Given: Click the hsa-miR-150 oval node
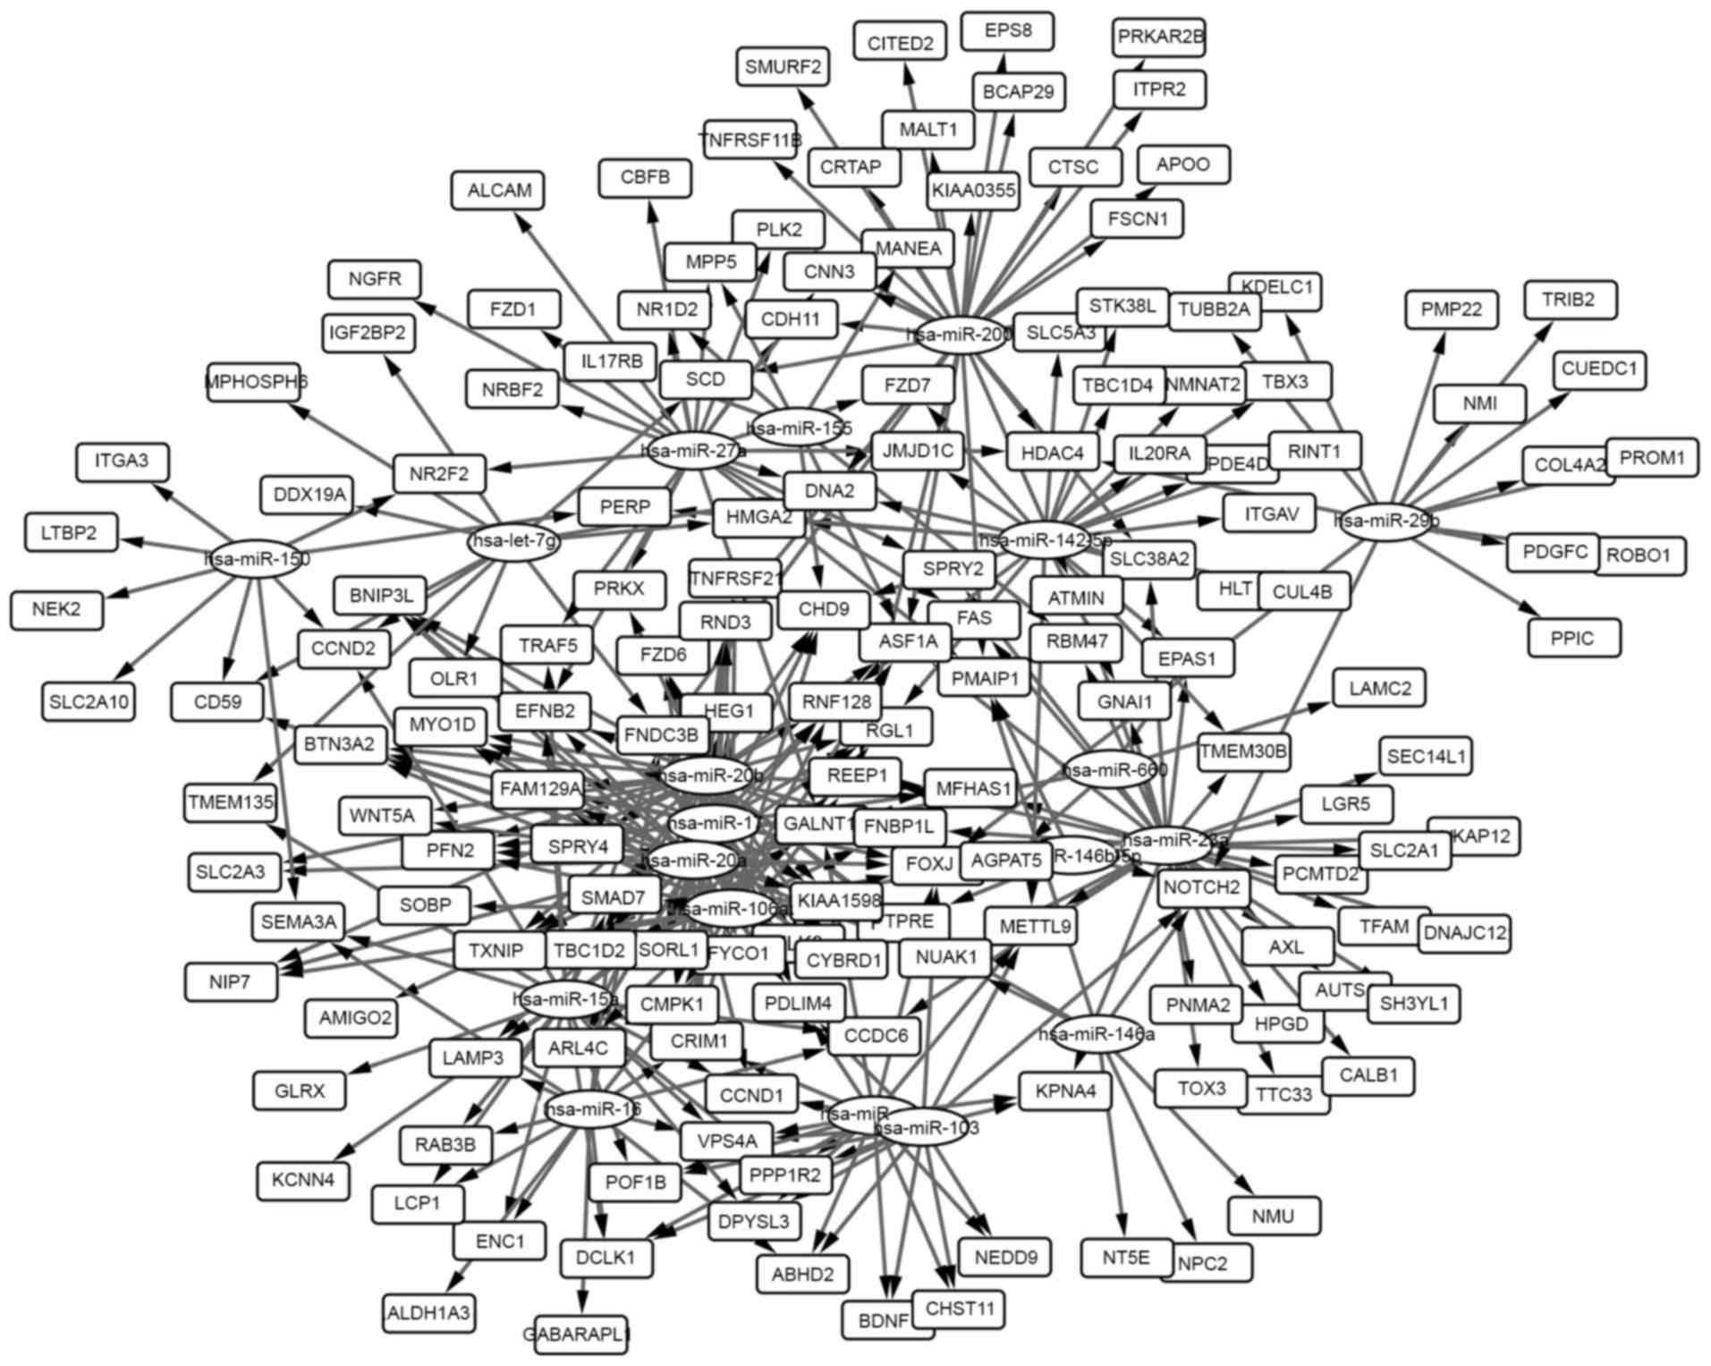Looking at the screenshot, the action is [x=258, y=559].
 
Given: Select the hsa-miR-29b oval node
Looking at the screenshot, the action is [x=1385, y=521].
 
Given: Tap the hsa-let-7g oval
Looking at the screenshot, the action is [x=513, y=541].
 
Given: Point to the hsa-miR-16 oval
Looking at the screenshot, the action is [x=592, y=1110].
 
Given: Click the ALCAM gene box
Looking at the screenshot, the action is [x=498, y=191].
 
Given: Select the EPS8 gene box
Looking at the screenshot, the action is [x=1007, y=31].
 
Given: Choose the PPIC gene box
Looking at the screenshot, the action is [x=1572, y=639].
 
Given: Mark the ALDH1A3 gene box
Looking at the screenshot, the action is [x=428, y=1313].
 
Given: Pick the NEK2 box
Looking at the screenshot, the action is [x=56, y=610].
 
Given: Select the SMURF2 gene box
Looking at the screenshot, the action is [x=783, y=67].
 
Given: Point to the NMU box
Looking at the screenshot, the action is [x=1273, y=1217].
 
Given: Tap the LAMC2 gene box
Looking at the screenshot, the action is [x=1379, y=689].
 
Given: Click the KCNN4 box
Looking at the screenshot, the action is [x=302, y=1180].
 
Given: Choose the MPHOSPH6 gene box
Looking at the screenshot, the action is [x=255, y=382].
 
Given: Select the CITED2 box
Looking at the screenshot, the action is [x=900, y=43].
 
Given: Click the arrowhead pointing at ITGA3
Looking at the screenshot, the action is [x=161, y=491].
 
